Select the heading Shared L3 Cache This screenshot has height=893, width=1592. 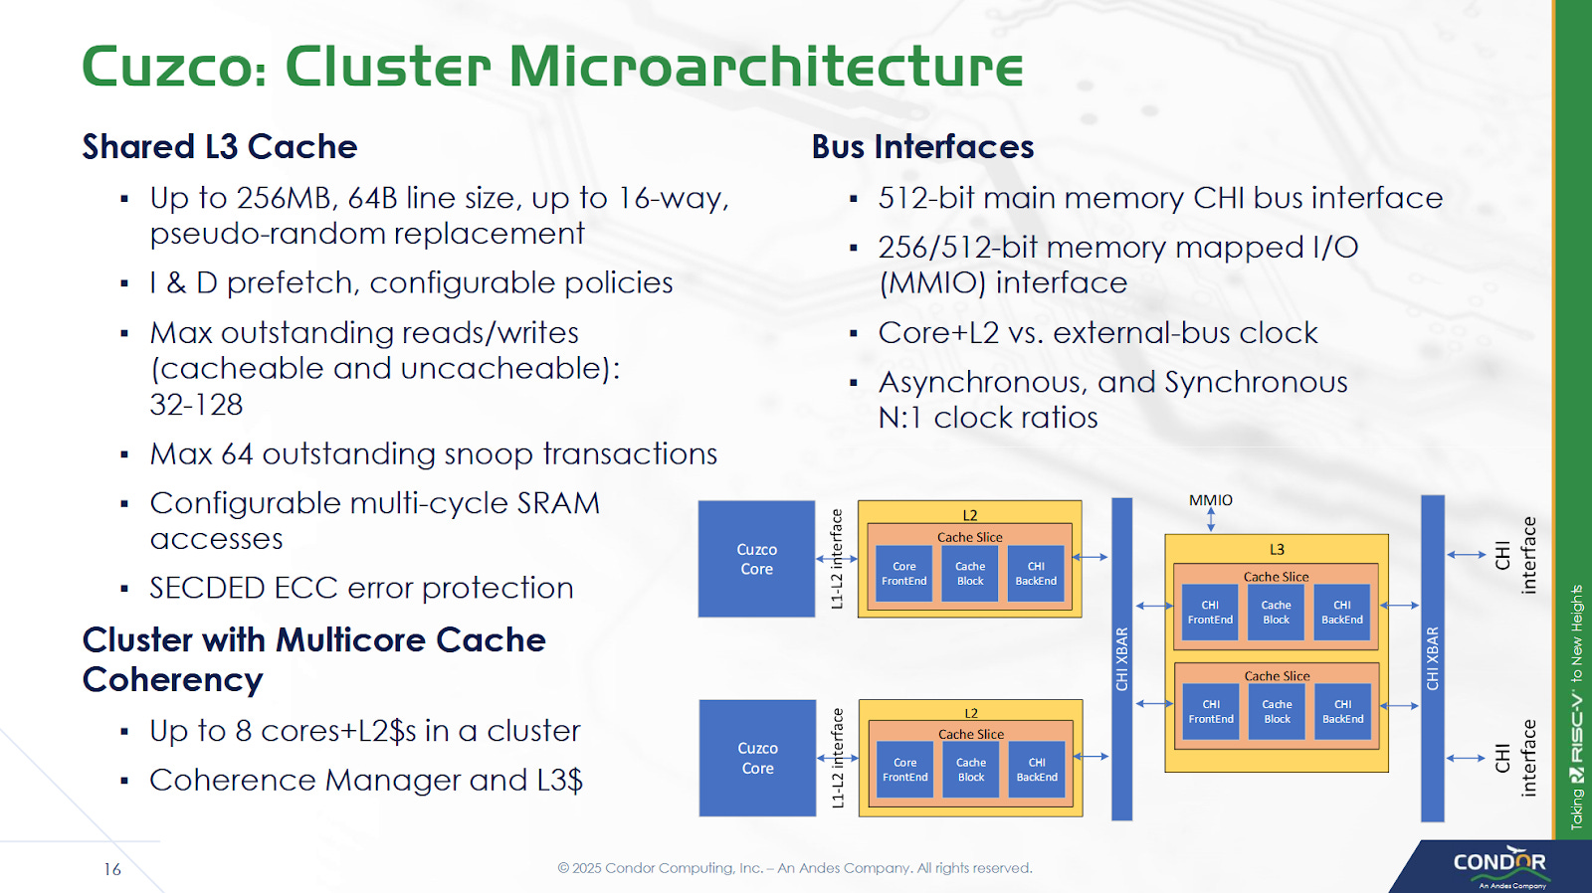pos(219,147)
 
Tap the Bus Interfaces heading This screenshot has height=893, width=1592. pos(922,147)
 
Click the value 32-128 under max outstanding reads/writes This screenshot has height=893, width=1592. pos(196,405)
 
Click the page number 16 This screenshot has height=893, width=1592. pos(112,869)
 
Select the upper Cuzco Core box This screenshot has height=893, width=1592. pos(756,559)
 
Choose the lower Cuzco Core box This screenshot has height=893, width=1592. pos(757,758)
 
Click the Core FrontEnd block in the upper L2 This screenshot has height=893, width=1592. pos(903,574)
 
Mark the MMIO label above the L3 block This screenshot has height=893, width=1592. pos(1210,500)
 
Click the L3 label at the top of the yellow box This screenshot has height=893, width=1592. pos(1277,549)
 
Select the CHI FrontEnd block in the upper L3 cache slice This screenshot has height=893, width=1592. pos(1210,613)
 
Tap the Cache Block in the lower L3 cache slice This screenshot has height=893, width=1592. pos(1277,712)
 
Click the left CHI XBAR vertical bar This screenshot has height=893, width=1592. pos(1121,658)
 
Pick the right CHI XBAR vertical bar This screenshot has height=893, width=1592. pos(1432,658)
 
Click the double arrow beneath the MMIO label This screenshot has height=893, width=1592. pos(1211,520)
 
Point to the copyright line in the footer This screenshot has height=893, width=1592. pos(794,868)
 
